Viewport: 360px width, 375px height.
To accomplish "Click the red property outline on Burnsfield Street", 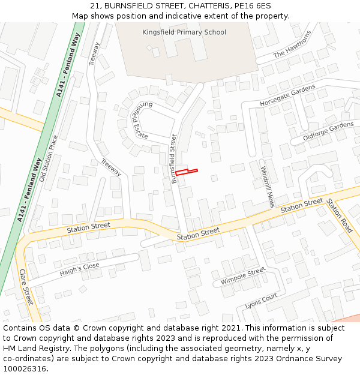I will click(x=186, y=172).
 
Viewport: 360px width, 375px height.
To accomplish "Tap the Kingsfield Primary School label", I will click(x=184, y=32).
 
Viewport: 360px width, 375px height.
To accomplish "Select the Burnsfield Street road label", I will click(x=174, y=158).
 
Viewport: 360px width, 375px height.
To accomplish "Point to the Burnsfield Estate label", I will click(x=139, y=120).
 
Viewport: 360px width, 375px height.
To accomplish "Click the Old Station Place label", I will click(x=49, y=158).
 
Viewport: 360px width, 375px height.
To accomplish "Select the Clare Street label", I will click(x=26, y=286).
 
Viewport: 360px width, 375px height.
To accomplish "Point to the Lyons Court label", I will click(x=261, y=301).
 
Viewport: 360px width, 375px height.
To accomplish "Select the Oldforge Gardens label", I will click(x=328, y=133).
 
